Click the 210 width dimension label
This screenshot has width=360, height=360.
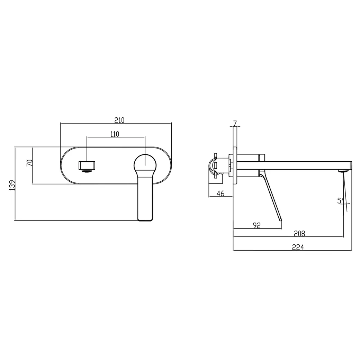click(x=119, y=120)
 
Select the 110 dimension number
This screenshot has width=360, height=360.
click(x=115, y=134)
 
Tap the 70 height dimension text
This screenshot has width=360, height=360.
click(x=30, y=163)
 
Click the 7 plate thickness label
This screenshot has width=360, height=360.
click(x=235, y=123)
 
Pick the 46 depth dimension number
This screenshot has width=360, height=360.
click(x=220, y=193)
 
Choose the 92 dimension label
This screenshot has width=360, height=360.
click(x=257, y=225)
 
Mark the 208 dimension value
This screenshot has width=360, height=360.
click(x=299, y=234)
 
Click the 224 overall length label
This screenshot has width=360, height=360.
click(x=298, y=247)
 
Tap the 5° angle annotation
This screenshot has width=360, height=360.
click(x=341, y=201)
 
